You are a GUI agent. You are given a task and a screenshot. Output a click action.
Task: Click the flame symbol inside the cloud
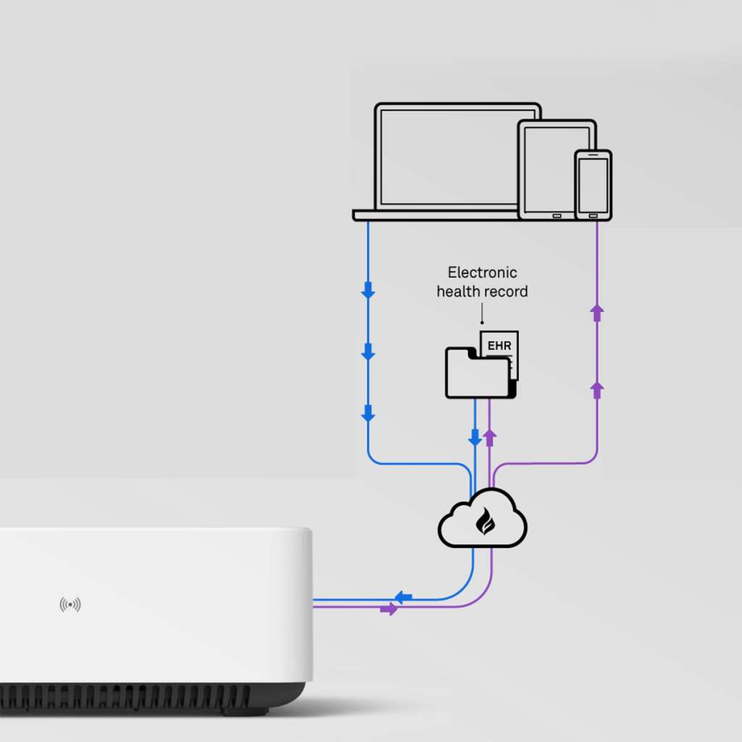point(485,521)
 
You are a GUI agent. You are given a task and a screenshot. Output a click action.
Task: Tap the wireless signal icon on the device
point(70,604)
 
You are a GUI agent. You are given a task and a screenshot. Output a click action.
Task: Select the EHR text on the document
point(499,346)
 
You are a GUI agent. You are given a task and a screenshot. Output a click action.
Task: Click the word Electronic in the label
point(482,272)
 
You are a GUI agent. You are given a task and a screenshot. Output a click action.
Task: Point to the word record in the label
point(509,291)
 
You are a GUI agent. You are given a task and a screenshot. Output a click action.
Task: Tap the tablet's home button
point(557,216)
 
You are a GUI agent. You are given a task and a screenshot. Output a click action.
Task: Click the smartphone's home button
point(593,216)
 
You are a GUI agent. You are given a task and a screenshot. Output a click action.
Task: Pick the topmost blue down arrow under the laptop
point(368,290)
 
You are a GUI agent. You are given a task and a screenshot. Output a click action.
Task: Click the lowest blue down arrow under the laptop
point(368,413)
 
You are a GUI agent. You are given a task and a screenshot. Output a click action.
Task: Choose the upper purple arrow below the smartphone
point(597,313)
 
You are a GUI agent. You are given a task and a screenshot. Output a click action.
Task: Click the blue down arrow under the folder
point(475,438)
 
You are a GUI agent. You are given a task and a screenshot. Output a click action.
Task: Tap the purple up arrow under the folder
point(490,438)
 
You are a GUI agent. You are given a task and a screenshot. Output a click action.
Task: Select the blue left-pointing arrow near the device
point(403,598)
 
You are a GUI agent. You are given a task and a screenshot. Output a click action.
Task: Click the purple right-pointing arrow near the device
point(389,609)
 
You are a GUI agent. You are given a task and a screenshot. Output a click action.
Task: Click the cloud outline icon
point(483,518)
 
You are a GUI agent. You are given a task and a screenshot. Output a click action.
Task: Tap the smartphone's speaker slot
point(593,155)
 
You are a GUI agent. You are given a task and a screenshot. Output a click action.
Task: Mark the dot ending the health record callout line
point(482,322)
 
